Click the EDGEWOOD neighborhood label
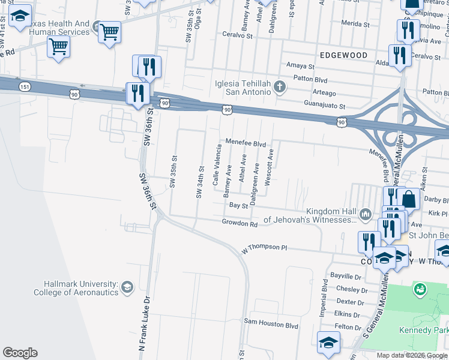coord(343,55)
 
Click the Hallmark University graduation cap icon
coord(127,287)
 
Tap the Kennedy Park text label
coord(424,331)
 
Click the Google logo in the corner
coord(20,353)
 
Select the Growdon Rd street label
coord(240,224)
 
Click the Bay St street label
coord(238,205)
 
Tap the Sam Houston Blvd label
coord(270,325)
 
